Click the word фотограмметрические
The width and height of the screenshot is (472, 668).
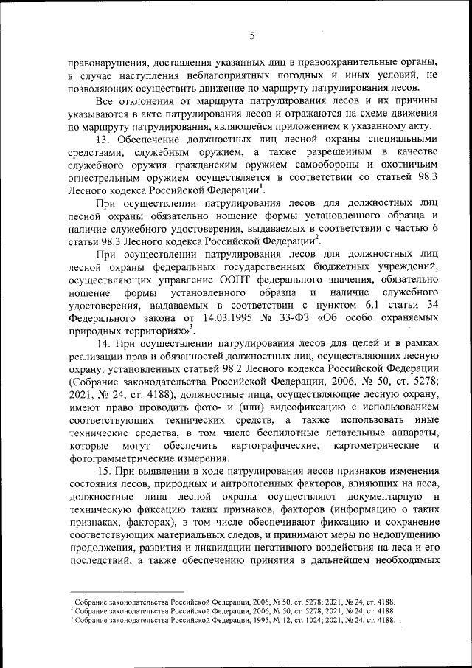117,458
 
